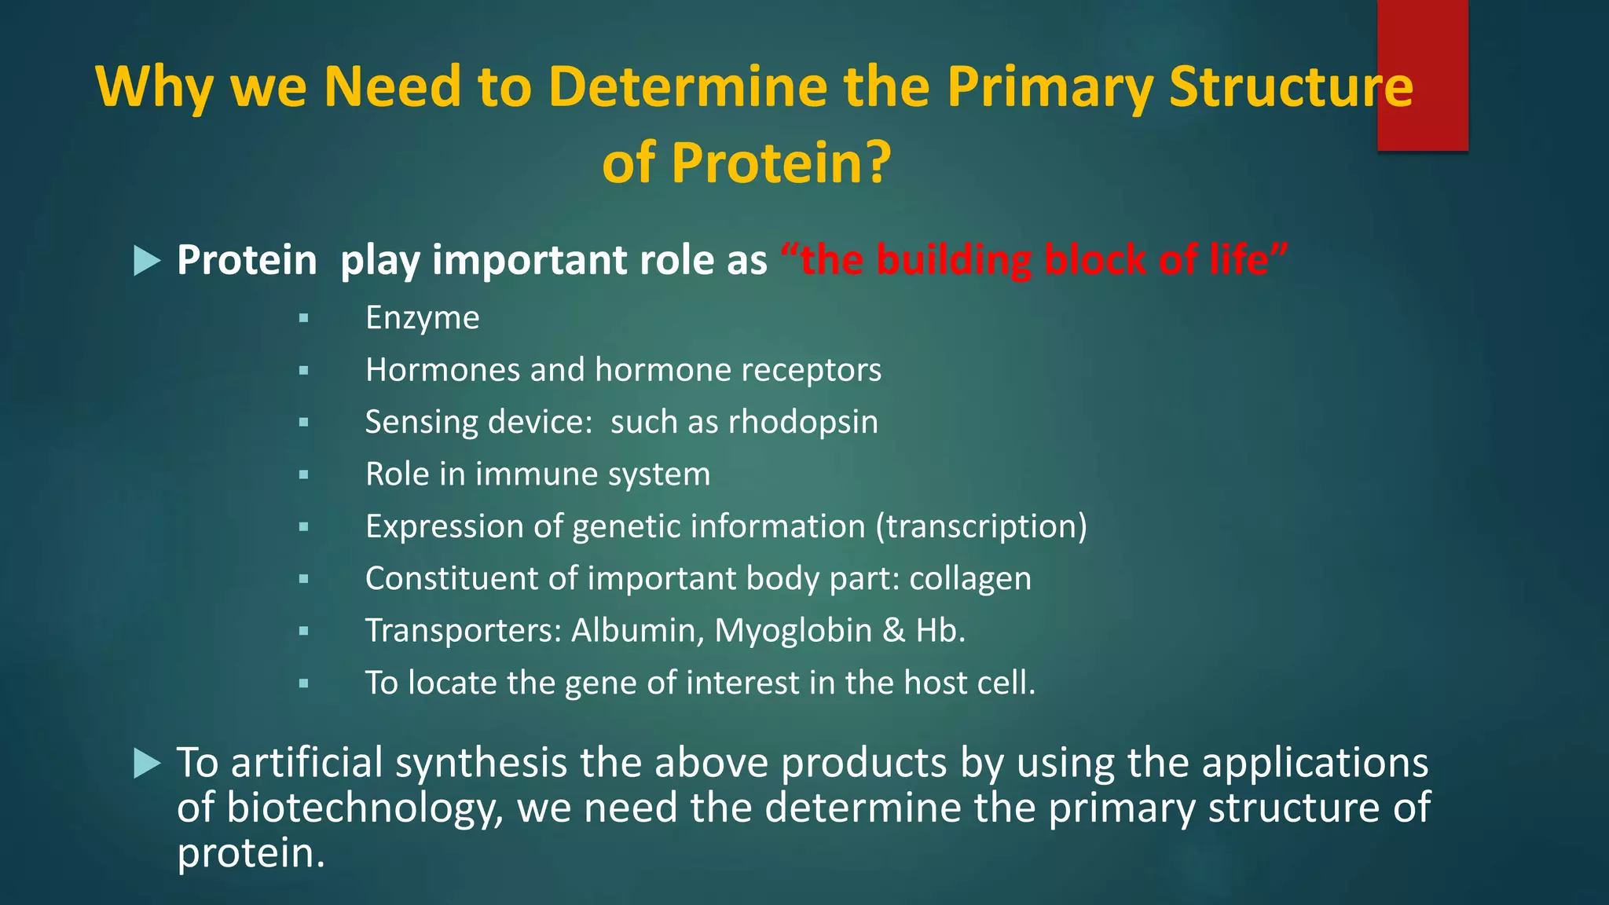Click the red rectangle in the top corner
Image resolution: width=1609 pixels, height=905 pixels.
(x=1422, y=75)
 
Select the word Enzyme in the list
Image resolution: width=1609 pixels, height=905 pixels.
(x=422, y=318)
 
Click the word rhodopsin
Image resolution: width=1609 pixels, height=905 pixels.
(x=803, y=423)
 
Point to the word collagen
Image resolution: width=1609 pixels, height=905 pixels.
(x=969, y=579)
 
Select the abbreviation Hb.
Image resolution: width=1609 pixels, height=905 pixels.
(x=940, y=631)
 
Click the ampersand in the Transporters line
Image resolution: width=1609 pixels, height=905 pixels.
(x=894, y=631)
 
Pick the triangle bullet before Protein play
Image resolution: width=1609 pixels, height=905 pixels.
(x=147, y=261)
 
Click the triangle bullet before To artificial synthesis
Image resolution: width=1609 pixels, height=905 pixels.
(x=147, y=763)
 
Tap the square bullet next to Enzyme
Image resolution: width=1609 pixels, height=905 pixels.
(x=303, y=319)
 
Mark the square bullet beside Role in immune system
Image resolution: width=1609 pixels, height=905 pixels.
(x=303, y=475)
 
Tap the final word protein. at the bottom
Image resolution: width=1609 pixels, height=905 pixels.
(x=251, y=854)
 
